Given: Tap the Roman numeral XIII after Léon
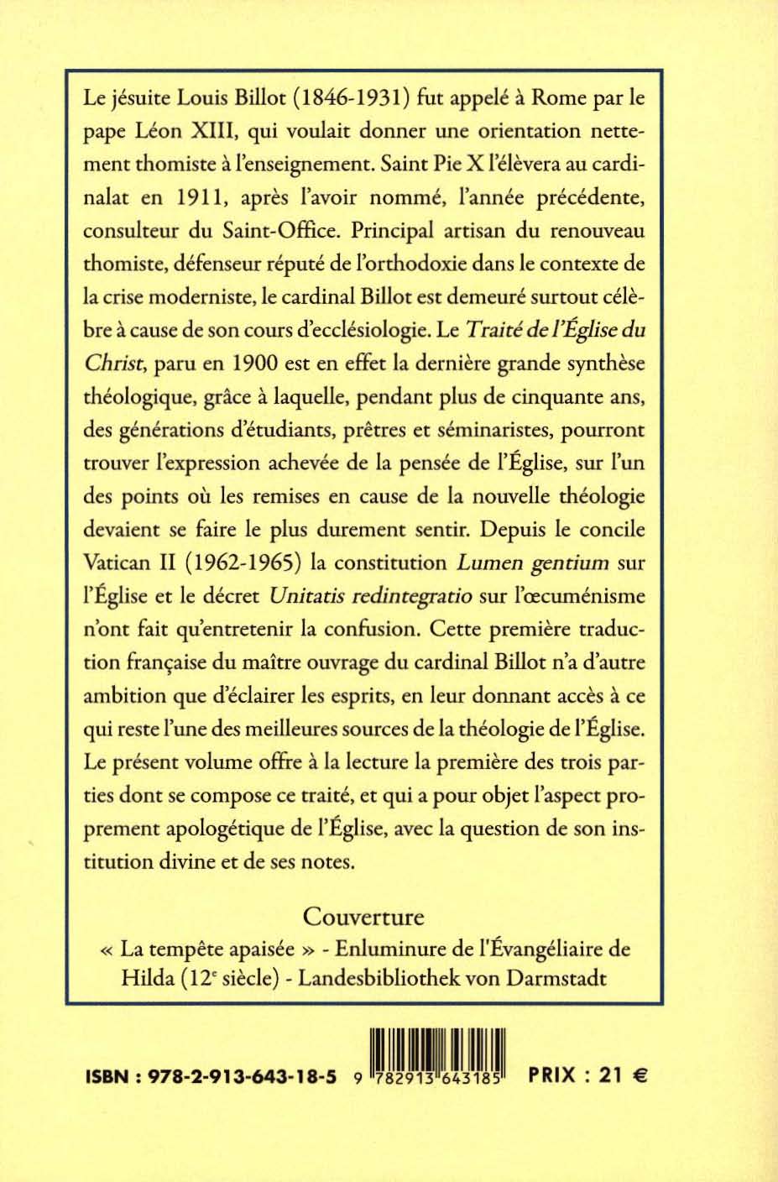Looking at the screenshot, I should click(x=212, y=132).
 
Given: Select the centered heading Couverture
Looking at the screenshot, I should click(x=363, y=915).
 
